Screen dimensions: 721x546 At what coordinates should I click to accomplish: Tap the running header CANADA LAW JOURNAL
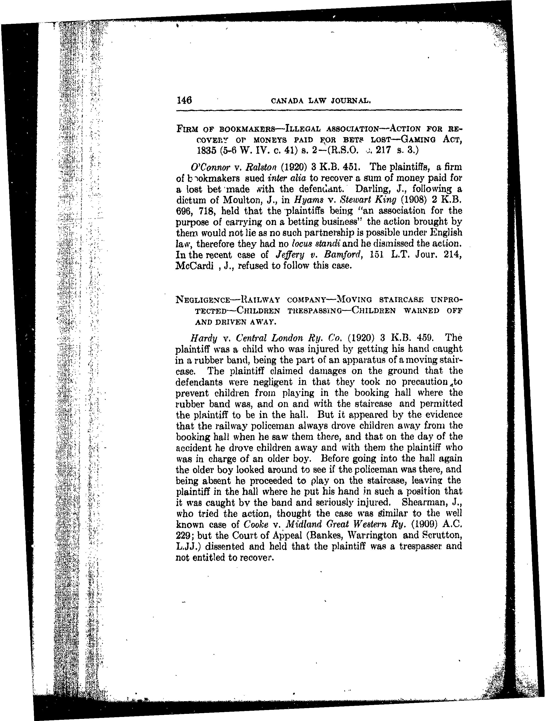[321, 101]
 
